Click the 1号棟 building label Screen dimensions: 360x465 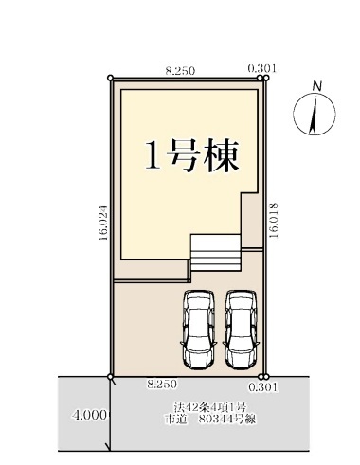[x=191, y=155]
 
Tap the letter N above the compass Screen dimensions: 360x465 [x=316, y=85]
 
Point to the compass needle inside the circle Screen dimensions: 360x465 [x=314, y=115]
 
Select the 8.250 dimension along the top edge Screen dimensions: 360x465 [x=180, y=71]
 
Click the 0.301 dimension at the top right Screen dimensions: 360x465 [x=261, y=68]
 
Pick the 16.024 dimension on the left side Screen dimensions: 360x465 [x=103, y=223]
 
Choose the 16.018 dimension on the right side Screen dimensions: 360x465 [x=274, y=220]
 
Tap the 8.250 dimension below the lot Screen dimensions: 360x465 [x=162, y=385]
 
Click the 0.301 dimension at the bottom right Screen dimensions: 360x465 [x=263, y=387]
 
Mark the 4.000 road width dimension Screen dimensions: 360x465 [x=90, y=415]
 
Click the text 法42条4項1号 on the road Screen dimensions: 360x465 [x=209, y=406]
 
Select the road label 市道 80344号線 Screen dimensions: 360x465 [x=210, y=420]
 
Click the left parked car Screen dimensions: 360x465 [x=198, y=330]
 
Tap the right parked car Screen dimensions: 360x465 [x=241, y=330]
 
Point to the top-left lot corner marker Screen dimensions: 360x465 [x=110, y=78]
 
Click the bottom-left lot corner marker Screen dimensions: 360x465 [x=110, y=377]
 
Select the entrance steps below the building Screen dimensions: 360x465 [x=215, y=253]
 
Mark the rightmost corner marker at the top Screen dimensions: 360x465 [x=266, y=78]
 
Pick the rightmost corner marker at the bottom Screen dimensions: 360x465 [x=266, y=377]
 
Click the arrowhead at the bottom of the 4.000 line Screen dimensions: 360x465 [x=110, y=450]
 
